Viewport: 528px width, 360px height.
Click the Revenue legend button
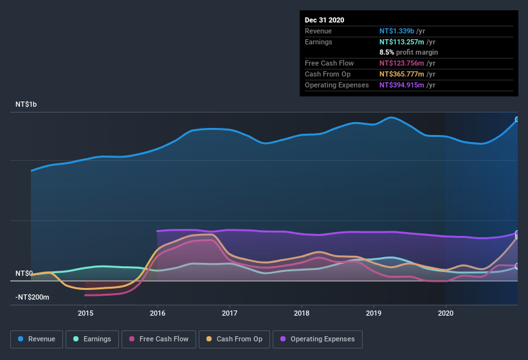coord(37,339)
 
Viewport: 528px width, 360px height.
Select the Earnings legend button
coord(93,339)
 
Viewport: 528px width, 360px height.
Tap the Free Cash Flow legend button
coord(159,339)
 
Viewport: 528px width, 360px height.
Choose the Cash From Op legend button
coord(235,339)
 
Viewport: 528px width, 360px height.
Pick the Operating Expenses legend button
coord(318,339)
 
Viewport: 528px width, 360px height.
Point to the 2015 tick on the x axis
coord(86,313)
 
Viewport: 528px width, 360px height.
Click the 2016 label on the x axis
coord(158,313)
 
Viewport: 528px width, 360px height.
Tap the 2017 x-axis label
coord(230,313)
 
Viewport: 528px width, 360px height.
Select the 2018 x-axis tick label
coord(302,313)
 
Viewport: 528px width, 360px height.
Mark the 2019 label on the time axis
coord(374,313)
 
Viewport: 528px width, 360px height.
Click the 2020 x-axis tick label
coord(446,313)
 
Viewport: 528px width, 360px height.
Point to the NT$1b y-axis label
coord(26,104)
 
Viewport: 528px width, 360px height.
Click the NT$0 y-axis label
coord(24,274)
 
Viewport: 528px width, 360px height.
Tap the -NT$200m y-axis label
coord(32,298)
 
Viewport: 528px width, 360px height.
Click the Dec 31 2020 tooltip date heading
coord(324,20)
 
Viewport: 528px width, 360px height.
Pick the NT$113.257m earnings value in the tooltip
coord(403,42)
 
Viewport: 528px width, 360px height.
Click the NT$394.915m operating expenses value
coord(403,85)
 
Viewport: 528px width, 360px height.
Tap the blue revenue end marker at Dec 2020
coord(517,120)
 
